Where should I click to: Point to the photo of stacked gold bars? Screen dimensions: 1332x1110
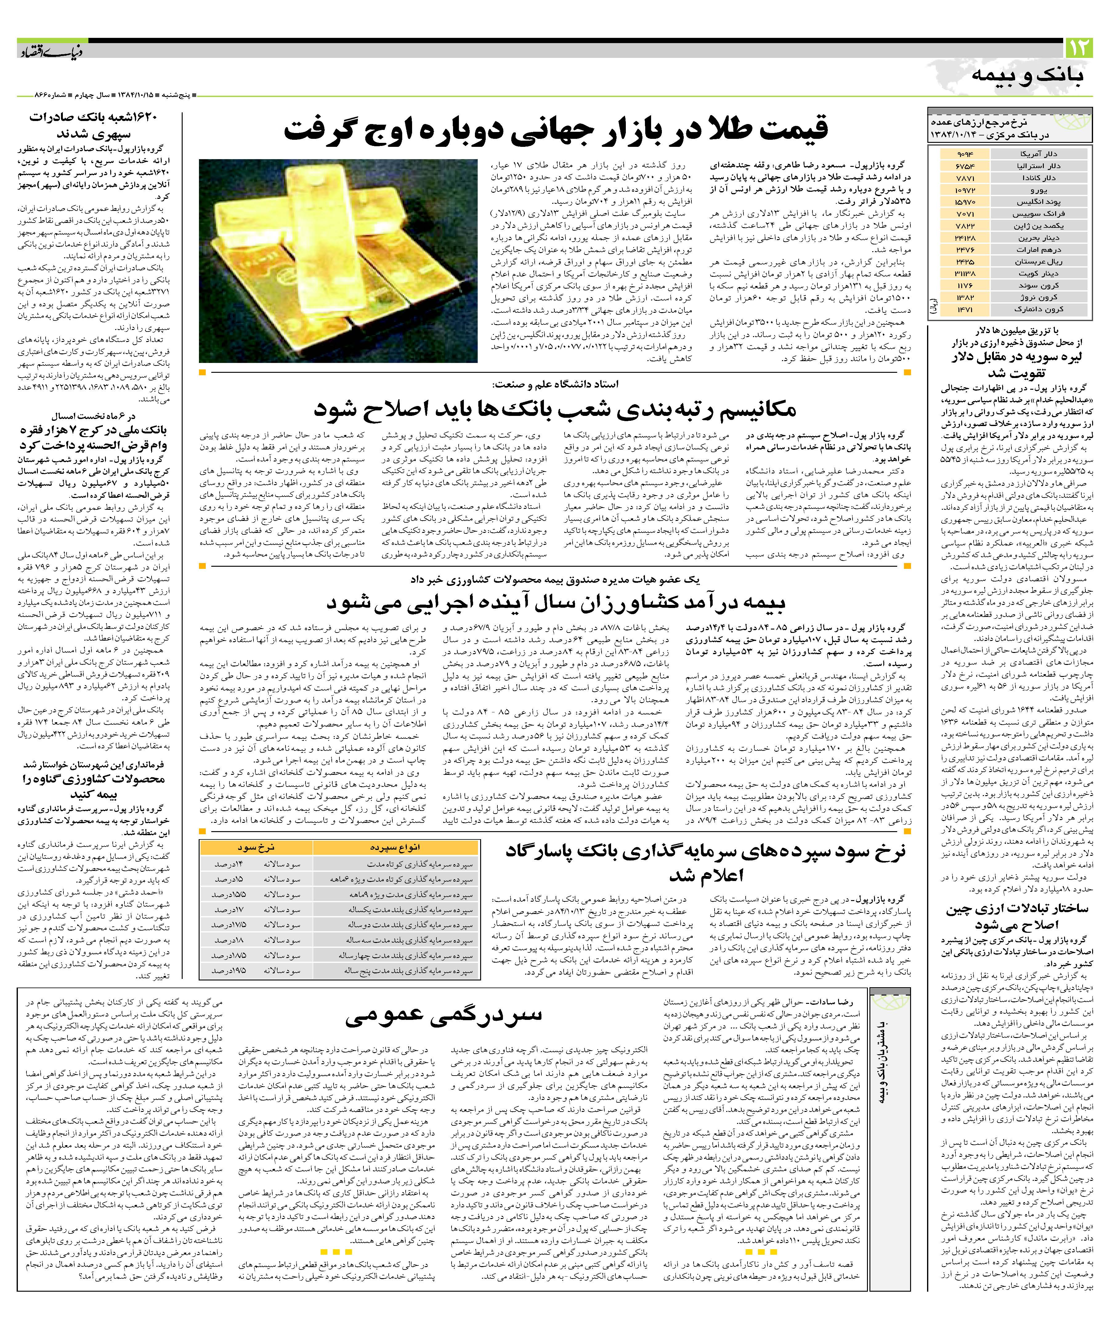(x=338, y=260)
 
